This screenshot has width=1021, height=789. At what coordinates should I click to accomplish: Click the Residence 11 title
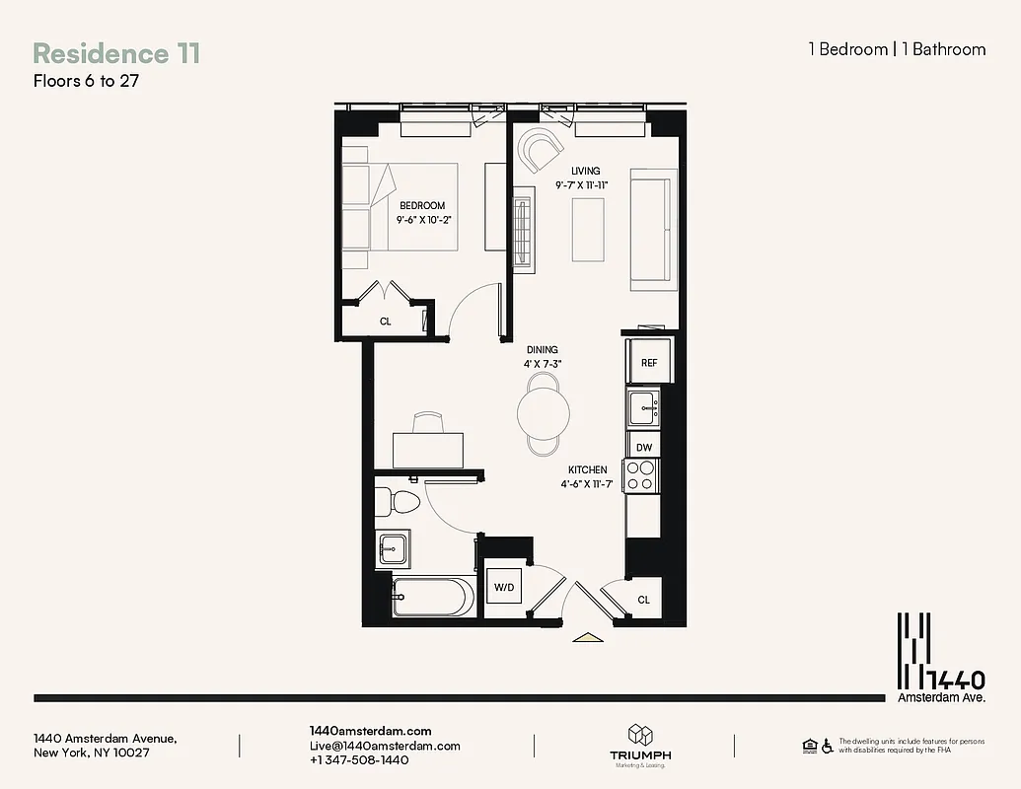116,53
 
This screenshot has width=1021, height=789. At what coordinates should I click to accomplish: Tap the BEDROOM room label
422,205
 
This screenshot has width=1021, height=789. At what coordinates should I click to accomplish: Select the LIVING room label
585,171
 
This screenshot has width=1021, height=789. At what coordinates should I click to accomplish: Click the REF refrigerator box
648,363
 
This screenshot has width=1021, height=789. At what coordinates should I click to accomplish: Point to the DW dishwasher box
643,447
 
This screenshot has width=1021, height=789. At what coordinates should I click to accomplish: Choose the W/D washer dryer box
504,588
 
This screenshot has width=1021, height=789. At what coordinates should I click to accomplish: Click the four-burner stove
642,475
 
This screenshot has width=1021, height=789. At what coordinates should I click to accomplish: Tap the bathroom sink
395,547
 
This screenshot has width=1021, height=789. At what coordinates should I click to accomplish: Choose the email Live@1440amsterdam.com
384,746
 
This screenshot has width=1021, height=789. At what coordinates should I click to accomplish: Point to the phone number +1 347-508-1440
359,760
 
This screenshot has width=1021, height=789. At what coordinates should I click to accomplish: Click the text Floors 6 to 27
86,81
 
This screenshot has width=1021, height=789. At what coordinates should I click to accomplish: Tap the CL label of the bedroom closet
386,321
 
